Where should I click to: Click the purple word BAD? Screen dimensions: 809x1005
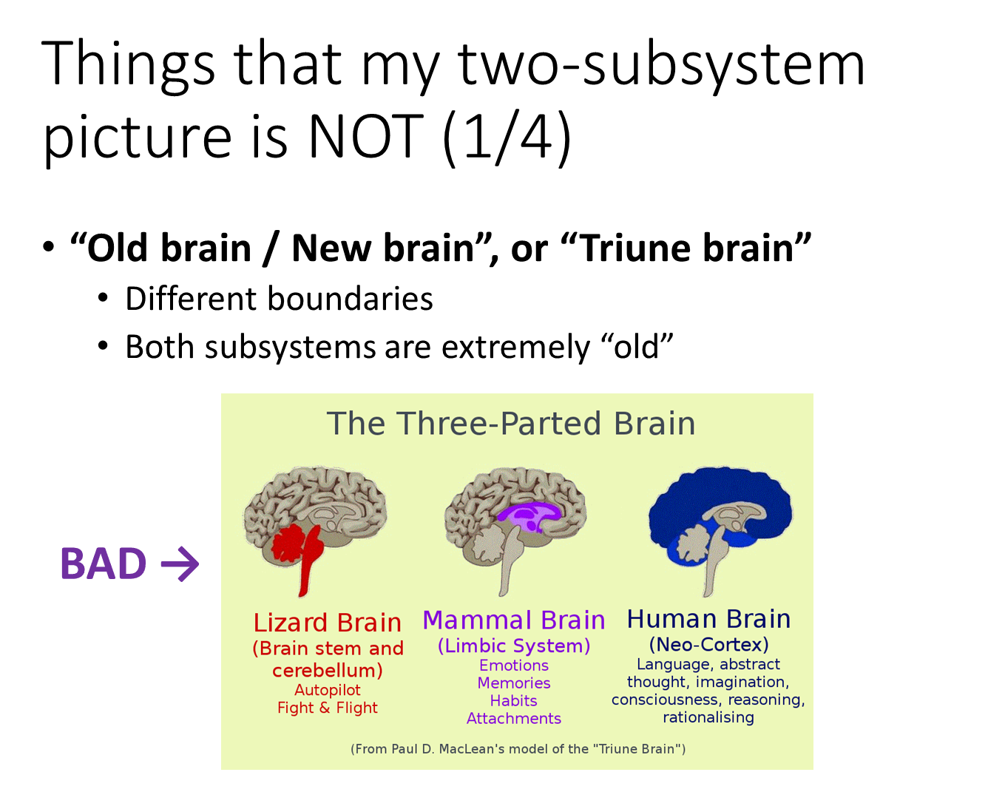tap(103, 564)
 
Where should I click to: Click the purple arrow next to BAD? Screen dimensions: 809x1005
tap(180, 564)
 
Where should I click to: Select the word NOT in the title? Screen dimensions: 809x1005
tap(365, 138)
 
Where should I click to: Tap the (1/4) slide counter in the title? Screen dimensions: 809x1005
tap(507, 138)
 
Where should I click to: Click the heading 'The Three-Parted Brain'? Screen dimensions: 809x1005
tap(511, 424)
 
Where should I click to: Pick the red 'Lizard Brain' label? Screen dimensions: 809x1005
tap(328, 623)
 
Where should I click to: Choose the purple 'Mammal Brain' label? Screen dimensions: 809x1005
tap(514, 620)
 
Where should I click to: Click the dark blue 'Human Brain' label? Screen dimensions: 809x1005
tap(708, 619)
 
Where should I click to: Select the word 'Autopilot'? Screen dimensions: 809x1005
tap(328, 690)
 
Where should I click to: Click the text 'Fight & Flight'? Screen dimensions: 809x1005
tap(328, 708)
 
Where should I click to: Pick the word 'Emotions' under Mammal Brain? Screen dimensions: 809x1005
tap(514, 666)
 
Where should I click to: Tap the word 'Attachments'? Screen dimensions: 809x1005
tap(514, 719)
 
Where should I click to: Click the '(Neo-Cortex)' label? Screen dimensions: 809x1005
tap(708, 644)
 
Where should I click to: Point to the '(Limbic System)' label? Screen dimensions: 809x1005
tap(514, 646)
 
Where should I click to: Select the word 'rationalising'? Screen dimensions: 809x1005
tap(708, 717)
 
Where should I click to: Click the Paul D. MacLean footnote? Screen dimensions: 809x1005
tap(518, 749)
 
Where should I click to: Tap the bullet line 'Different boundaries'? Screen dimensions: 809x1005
tap(279, 299)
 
